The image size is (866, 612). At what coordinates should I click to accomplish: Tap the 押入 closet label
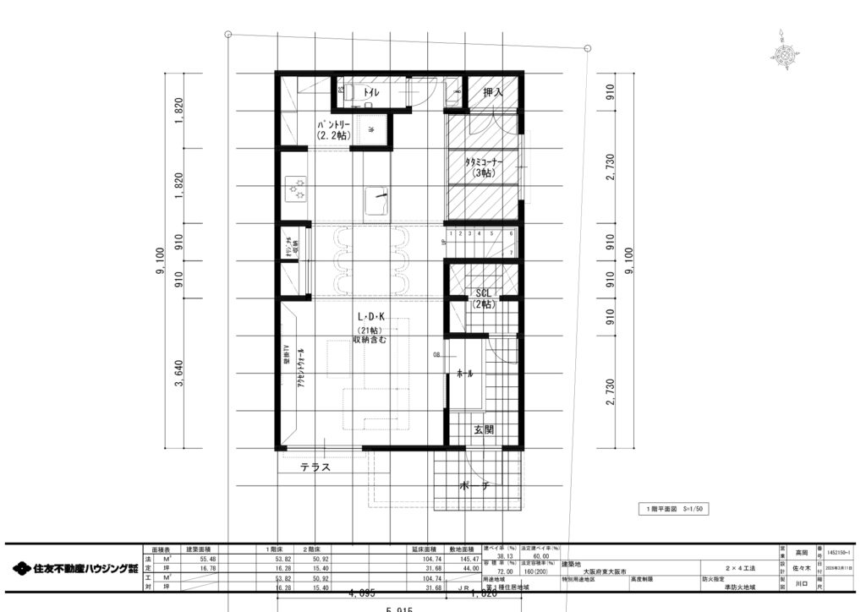coord(493,91)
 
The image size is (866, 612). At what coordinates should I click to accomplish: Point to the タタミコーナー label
coord(484,167)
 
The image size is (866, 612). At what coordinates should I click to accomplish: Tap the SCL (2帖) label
coord(484,298)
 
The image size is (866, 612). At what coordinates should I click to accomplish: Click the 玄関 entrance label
coord(483,430)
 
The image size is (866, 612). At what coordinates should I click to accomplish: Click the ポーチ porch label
coord(475,487)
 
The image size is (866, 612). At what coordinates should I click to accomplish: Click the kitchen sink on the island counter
coord(376,202)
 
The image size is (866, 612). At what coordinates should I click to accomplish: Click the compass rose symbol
coord(786,53)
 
